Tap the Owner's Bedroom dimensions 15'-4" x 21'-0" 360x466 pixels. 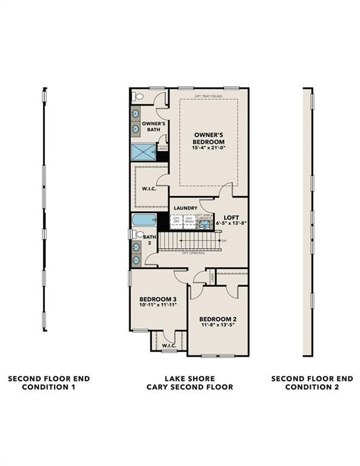208,147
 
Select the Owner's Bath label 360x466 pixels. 150,126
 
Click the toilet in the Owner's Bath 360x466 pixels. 138,96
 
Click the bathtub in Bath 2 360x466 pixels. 143,220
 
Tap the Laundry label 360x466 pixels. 185,208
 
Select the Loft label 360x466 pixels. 231,217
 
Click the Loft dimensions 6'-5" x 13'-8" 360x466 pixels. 231,223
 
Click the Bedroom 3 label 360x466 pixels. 158,299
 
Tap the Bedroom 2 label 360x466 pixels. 217,319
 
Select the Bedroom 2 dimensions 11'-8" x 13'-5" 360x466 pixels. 217,325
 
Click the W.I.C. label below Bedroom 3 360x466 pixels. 168,346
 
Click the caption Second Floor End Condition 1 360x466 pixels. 49,382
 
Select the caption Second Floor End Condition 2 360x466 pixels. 311,382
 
